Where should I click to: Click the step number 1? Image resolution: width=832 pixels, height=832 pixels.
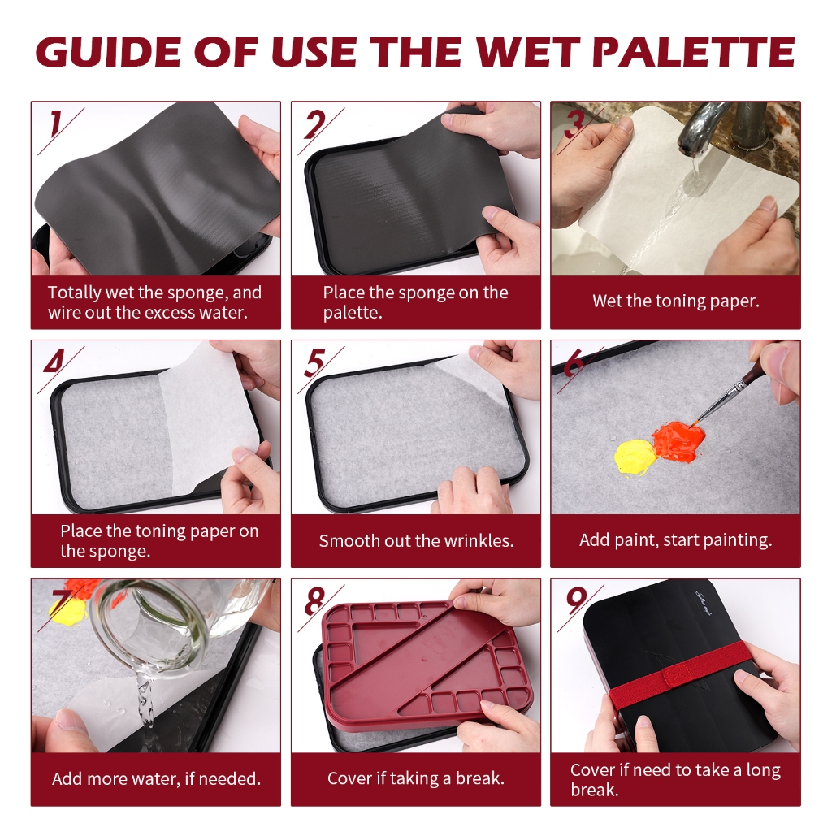coord(55,124)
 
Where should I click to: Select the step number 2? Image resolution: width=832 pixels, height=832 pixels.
coord(314,124)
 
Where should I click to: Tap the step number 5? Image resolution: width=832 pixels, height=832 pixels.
coord(314,363)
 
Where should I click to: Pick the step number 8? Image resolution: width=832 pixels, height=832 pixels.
coord(314,601)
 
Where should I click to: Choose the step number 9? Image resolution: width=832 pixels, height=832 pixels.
coord(576,600)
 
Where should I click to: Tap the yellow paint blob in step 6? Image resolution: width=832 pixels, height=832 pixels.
coord(635,457)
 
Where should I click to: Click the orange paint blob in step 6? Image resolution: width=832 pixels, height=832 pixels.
coord(678,441)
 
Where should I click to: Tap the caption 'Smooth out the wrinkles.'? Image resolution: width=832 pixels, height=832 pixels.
coord(417,540)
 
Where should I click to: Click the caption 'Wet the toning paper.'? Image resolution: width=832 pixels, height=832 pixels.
coord(676,301)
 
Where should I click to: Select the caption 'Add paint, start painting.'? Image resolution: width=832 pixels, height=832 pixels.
coord(675,540)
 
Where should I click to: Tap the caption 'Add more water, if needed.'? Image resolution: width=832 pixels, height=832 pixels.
coord(157,779)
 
